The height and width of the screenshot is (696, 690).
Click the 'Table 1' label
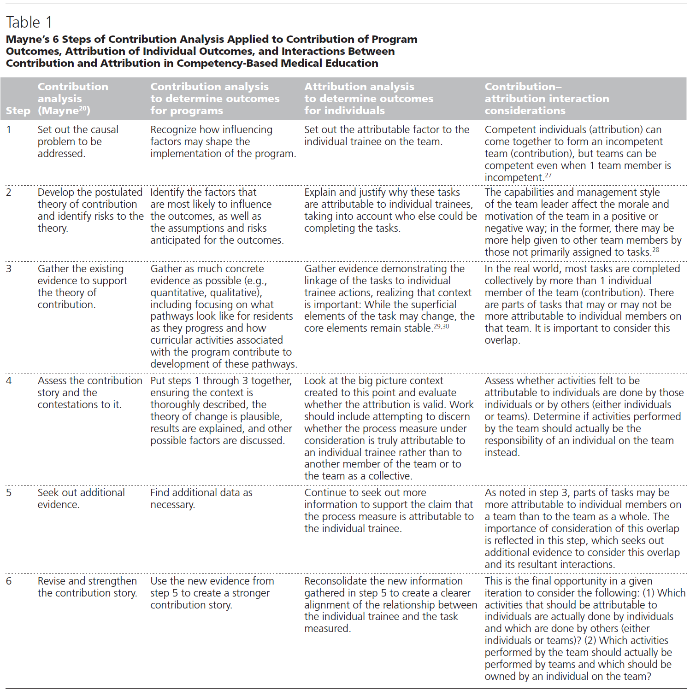[29, 22]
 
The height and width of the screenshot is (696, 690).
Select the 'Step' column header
[18, 111]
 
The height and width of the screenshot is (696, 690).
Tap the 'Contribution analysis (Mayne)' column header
[73, 99]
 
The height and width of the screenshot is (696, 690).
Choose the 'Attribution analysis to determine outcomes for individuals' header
[369, 99]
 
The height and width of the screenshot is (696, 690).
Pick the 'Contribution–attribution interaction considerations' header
[547, 99]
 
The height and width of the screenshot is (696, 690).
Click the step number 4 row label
[9, 380]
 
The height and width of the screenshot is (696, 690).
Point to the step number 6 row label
[9, 581]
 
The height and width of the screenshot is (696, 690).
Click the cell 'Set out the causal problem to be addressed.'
[78, 141]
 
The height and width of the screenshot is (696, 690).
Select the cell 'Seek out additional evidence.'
[81, 498]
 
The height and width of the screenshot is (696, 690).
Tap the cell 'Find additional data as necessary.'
[201, 498]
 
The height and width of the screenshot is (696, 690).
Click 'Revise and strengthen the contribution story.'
[87, 587]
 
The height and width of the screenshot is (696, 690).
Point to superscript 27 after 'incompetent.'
[548, 175]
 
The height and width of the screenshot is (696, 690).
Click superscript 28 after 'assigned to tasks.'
[655, 250]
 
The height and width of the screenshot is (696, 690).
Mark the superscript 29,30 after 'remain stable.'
[441, 326]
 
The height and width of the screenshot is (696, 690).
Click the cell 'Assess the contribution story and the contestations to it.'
[90, 392]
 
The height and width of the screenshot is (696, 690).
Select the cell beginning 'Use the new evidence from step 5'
[212, 593]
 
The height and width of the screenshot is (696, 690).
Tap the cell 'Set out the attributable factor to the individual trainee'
[387, 135]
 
